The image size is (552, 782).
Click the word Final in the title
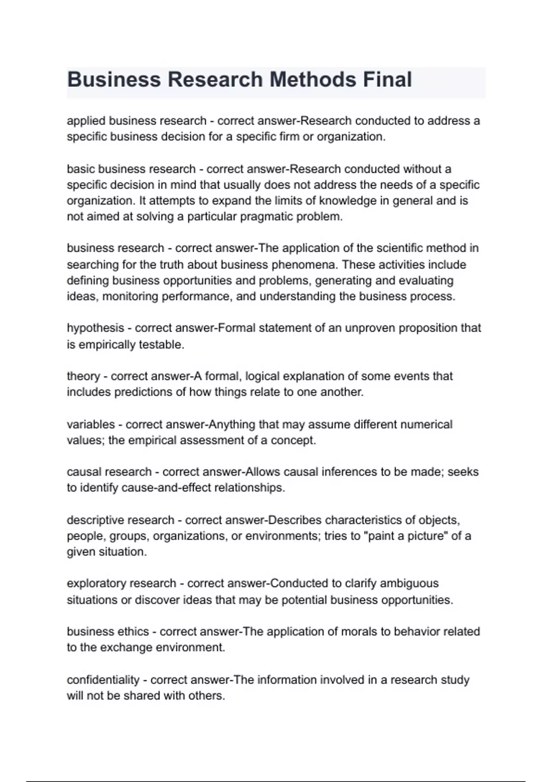point(387,80)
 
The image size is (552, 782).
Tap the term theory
point(83,376)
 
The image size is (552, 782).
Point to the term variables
point(91,424)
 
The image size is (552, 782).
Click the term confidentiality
point(103,680)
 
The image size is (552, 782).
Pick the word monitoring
point(130,296)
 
